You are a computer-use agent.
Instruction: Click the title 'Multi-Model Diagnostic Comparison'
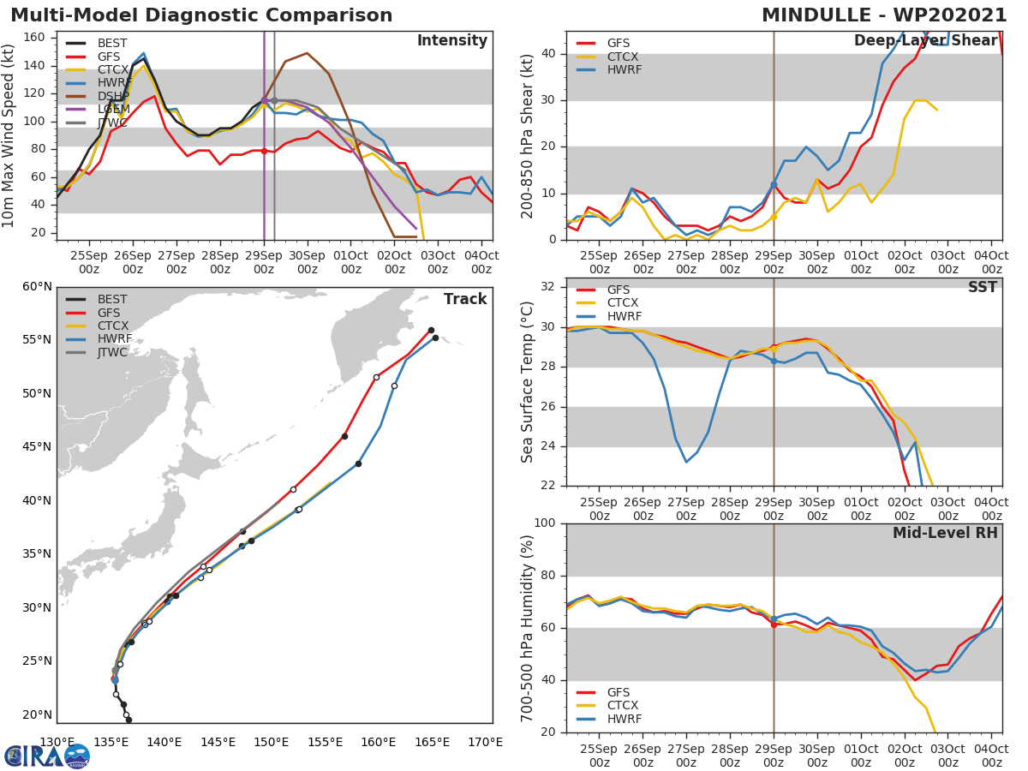(x=201, y=15)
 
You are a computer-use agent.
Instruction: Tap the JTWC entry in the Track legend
(x=112, y=352)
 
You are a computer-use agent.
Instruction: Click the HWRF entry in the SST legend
(x=624, y=316)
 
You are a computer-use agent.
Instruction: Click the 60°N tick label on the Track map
(x=36, y=286)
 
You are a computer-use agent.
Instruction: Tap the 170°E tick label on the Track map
(x=486, y=742)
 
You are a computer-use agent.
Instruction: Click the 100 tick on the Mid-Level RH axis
(x=546, y=523)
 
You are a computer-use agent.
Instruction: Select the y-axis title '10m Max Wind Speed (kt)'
(x=9, y=137)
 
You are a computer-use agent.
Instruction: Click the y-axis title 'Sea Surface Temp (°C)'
(x=528, y=381)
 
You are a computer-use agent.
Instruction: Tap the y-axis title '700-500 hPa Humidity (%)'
(x=528, y=627)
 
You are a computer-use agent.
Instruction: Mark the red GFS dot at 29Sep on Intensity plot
(x=264, y=151)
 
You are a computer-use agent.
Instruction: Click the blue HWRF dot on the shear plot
(x=774, y=184)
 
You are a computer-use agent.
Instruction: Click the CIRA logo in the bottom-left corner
(x=46, y=756)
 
